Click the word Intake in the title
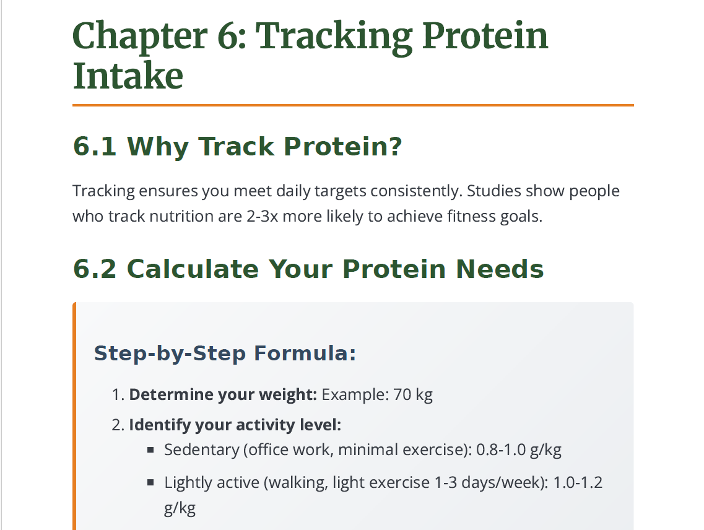[128, 76]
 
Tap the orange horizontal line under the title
[353, 105]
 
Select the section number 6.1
[94, 147]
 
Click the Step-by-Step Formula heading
[225, 354]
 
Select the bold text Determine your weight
[223, 394]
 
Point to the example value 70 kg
[413, 394]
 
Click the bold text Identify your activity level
[235, 425]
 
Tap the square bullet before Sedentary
[150, 450]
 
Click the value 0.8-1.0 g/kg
[518, 450]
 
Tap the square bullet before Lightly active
[150, 482]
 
